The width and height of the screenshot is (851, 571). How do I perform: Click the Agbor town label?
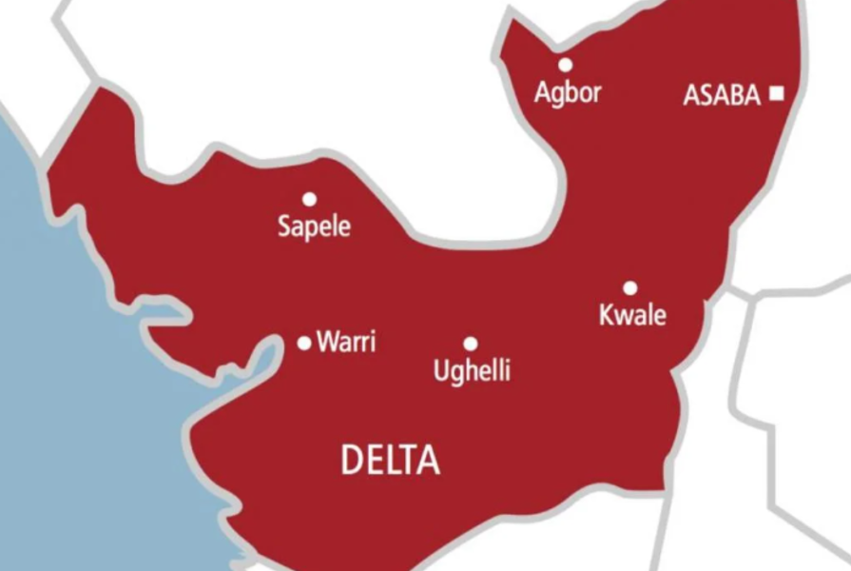(568, 94)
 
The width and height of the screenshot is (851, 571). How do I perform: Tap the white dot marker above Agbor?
(566, 65)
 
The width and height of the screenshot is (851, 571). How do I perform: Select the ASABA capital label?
(722, 95)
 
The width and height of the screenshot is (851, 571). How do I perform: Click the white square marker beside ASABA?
(777, 93)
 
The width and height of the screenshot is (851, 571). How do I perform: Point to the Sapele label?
(314, 227)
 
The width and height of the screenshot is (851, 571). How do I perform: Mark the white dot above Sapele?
(309, 199)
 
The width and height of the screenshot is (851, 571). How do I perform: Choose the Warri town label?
(345, 343)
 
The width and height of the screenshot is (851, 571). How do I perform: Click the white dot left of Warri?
(304, 343)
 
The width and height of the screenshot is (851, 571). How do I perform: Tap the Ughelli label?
(472, 370)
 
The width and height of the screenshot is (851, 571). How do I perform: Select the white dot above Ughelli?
(470, 344)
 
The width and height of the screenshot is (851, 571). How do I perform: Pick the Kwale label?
(632, 315)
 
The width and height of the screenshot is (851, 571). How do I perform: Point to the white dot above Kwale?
(629, 287)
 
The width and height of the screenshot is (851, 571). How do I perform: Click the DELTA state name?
(390, 462)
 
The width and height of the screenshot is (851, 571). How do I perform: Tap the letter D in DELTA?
(351, 462)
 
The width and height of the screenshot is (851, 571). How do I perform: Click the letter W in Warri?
(328, 343)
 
